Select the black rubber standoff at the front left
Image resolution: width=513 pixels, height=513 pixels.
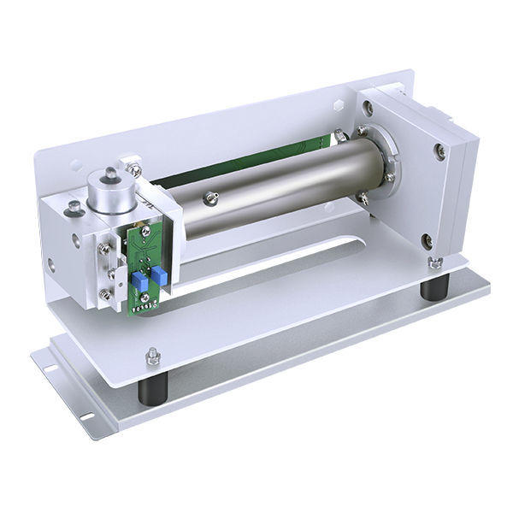152,391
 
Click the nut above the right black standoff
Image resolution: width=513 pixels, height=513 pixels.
434,261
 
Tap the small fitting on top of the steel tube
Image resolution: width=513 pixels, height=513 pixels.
210,200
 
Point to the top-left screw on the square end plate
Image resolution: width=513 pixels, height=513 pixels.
367,109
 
